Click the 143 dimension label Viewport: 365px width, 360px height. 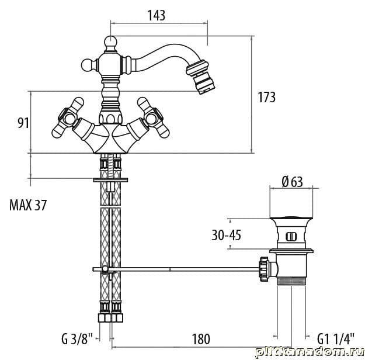157,15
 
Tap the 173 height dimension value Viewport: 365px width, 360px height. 266,97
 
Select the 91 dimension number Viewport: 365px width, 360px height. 23,123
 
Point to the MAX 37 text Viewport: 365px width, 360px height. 28,205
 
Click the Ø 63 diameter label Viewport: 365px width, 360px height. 293,182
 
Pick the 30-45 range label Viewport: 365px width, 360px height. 226,235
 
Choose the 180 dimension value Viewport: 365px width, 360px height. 201,339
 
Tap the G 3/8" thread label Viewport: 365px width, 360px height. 77,339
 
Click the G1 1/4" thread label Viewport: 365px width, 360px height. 336,339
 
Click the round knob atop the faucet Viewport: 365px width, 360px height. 110,42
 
